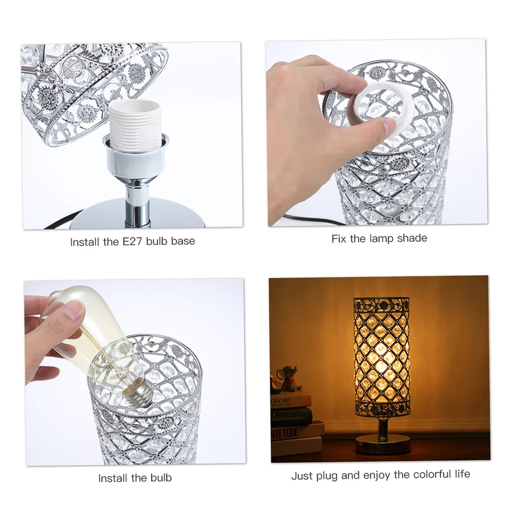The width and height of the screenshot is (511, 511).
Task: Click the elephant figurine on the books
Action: point(287,378)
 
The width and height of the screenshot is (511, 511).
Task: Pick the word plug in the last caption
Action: point(328,476)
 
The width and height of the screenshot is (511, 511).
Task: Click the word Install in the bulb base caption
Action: point(85,241)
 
